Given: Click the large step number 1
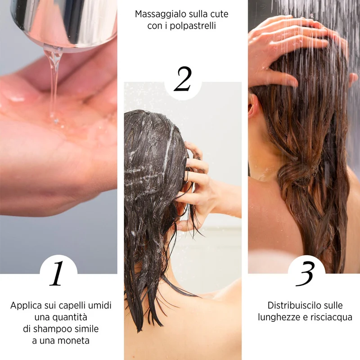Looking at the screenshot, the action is pyautogui.click(x=57, y=274).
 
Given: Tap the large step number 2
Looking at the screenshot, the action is pyautogui.click(x=183, y=79).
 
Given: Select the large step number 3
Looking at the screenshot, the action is pyautogui.click(x=305, y=274).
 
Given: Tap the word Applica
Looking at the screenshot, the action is pyautogui.click(x=26, y=306).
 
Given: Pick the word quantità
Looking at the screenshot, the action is pyautogui.click(x=70, y=317).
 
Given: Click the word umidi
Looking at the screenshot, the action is pyautogui.click(x=100, y=306).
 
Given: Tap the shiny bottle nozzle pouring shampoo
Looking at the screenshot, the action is pyautogui.click(x=64, y=23).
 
